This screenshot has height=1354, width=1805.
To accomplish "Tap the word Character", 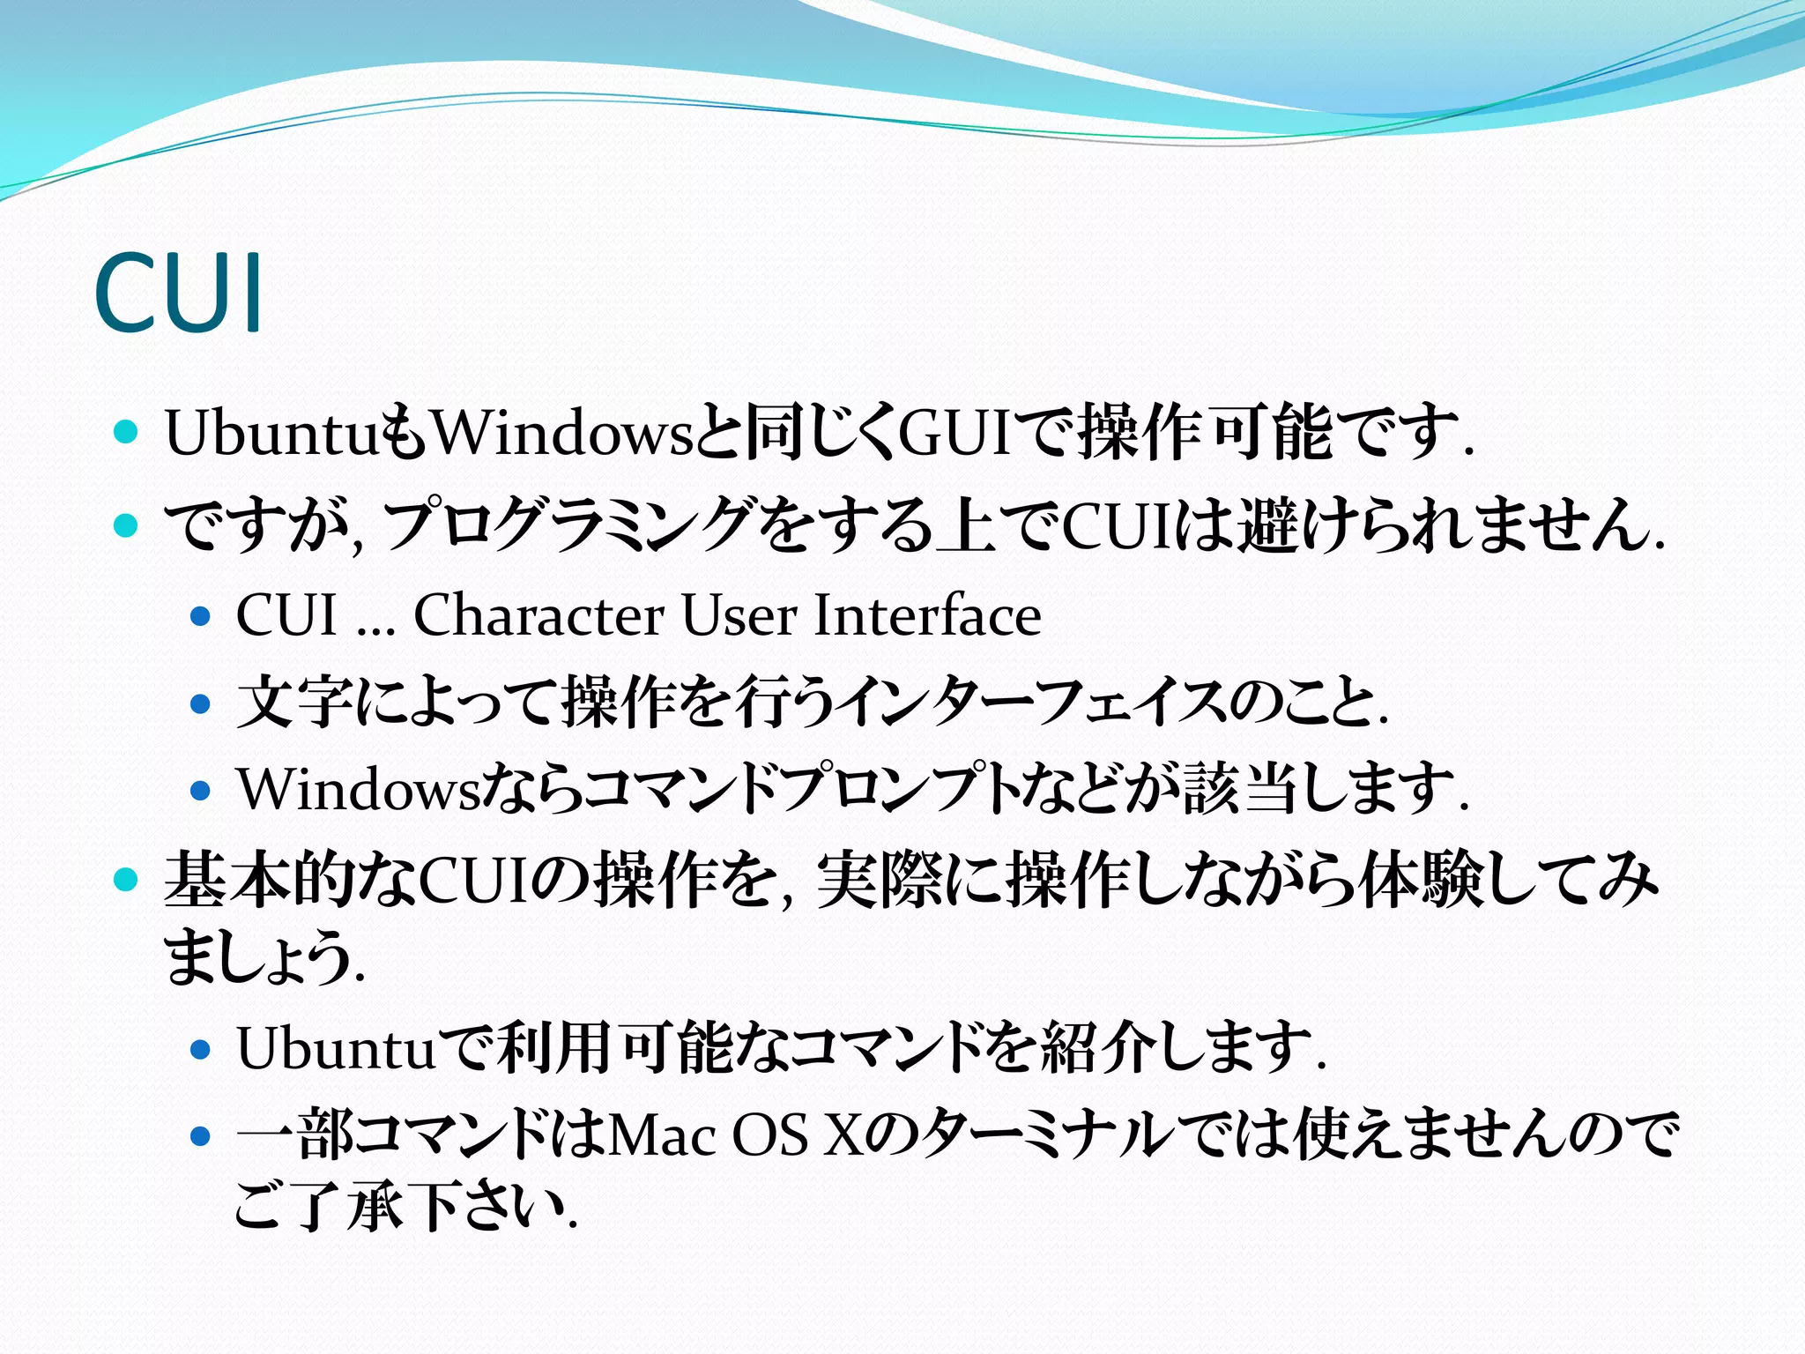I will pyautogui.click(x=539, y=614).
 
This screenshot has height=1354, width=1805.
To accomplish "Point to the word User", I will pyautogui.click(x=739, y=614).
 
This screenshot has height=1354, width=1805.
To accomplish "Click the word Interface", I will pyautogui.click(x=927, y=614).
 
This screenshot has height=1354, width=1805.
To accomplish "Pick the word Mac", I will pyautogui.click(x=662, y=1135).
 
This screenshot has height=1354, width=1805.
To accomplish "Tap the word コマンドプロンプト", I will pyautogui.click(x=803, y=788).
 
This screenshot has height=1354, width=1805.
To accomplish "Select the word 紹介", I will pyautogui.click(x=1097, y=1048).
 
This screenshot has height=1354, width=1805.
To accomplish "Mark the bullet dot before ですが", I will pyautogui.click(x=127, y=525).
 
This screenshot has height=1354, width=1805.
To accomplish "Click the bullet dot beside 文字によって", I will pyautogui.click(x=201, y=703).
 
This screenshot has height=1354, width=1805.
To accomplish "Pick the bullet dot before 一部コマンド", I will pyautogui.click(x=201, y=1136).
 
